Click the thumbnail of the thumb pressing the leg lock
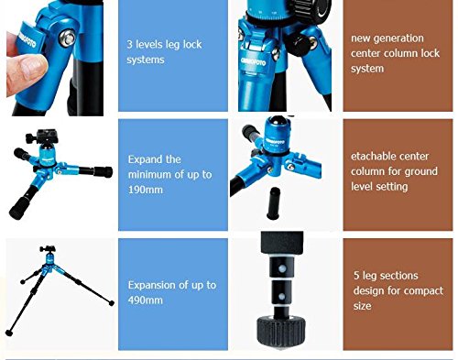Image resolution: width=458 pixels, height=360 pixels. click(x=35, y=66)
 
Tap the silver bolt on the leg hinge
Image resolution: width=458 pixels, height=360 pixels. click(x=68, y=38)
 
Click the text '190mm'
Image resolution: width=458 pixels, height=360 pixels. click(x=146, y=190)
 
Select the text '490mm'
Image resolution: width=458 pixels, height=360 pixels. click(x=146, y=300)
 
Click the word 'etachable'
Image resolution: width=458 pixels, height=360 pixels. click(x=371, y=157)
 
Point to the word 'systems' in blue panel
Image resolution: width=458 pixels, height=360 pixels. click(x=146, y=60)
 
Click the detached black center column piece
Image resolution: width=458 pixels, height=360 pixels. click(x=273, y=203)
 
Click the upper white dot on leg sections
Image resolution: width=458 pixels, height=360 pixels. click(x=282, y=268)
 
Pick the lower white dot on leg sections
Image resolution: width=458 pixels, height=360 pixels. click(x=282, y=297)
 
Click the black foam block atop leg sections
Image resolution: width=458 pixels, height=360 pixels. click(x=282, y=243)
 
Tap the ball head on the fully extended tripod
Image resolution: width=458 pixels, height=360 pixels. click(x=48, y=250)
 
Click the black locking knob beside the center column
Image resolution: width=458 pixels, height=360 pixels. click(x=298, y=45)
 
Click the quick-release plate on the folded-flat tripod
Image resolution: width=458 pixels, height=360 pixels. click(x=45, y=134)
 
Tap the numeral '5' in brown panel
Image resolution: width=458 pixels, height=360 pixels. click(x=356, y=276)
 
